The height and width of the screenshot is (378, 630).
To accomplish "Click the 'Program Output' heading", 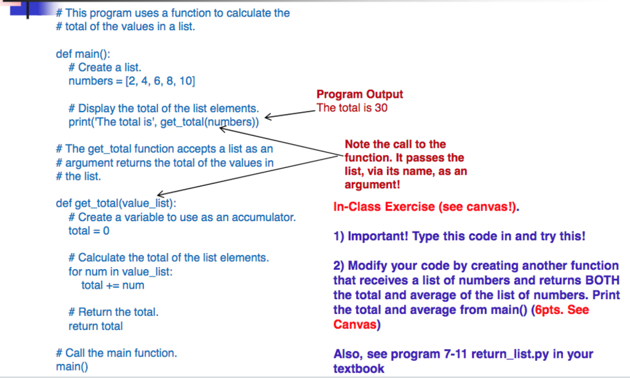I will pyautogui.click(x=359, y=95).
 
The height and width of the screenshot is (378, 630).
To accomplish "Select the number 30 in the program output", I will pyautogui.click(x=381, y=108).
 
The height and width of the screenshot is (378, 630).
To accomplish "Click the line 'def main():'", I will pyautogui.click(x=83, y=54).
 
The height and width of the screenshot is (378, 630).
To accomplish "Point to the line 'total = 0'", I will pyautogui.click(x=89, y=231).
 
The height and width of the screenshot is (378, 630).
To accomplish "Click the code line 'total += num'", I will pyautogui.click(x=113, y=285).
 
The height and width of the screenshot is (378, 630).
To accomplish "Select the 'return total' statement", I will pyautogui.click(x=95, y=326).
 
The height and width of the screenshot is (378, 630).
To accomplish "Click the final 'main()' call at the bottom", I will pyautogui.click(x=72, y=367).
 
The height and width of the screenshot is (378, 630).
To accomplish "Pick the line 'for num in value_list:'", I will pyautogui.click(x=121, y=271).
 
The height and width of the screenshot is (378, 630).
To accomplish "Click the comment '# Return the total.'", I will pyautogui.click(x=113, y=312).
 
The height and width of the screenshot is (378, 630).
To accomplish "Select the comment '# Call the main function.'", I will pyautogui.click(x=116, y=353).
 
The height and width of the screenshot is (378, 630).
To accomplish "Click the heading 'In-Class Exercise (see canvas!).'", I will pyautogui.click(x=426, y=207).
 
